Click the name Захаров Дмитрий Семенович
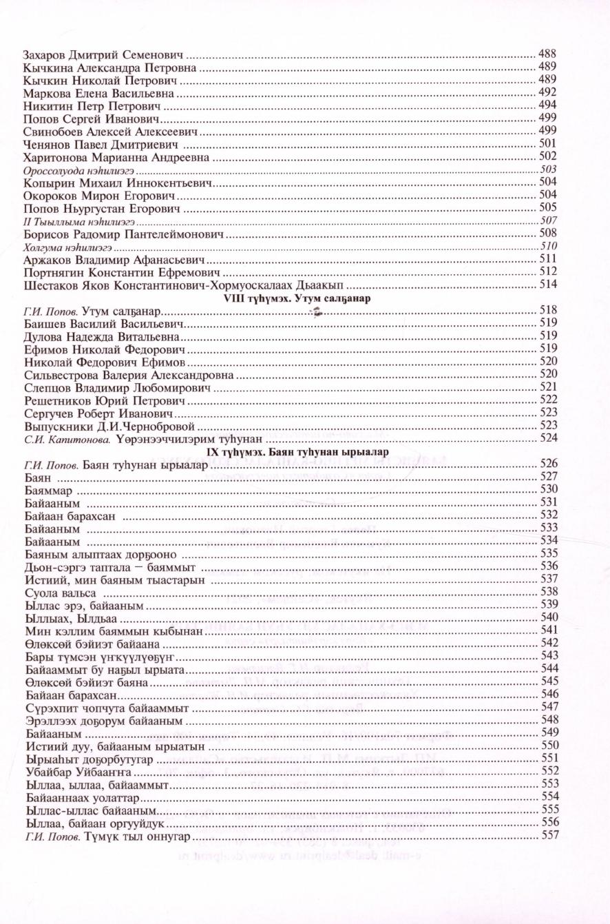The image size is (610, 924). click(105, 54)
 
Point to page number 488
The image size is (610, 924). click(547, 54)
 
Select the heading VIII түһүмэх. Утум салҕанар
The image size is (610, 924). click(294, 299)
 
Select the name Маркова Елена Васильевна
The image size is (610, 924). click(99, 92)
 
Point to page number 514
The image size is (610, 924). click(548, 284)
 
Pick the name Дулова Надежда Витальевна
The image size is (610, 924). click(101, 336)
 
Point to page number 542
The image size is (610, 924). click(549, 643)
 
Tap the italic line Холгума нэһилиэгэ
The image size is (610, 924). click(67, 245)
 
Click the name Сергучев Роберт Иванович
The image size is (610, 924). click(97, 413)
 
